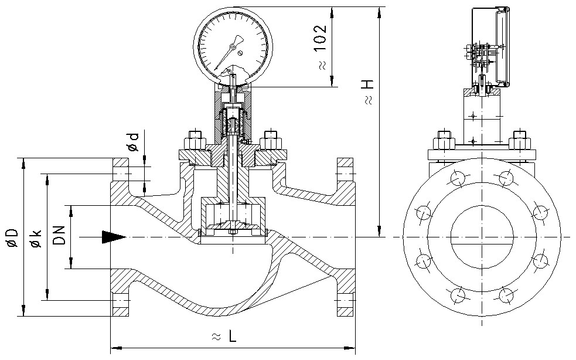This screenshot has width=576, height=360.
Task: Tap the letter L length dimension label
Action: point(233,337)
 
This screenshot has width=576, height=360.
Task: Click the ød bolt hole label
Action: point(134,141)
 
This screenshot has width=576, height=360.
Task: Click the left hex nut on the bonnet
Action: point(195,142)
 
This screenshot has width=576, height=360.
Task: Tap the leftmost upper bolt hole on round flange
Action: point(423,212)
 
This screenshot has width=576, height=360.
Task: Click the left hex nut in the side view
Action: point(444,142)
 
